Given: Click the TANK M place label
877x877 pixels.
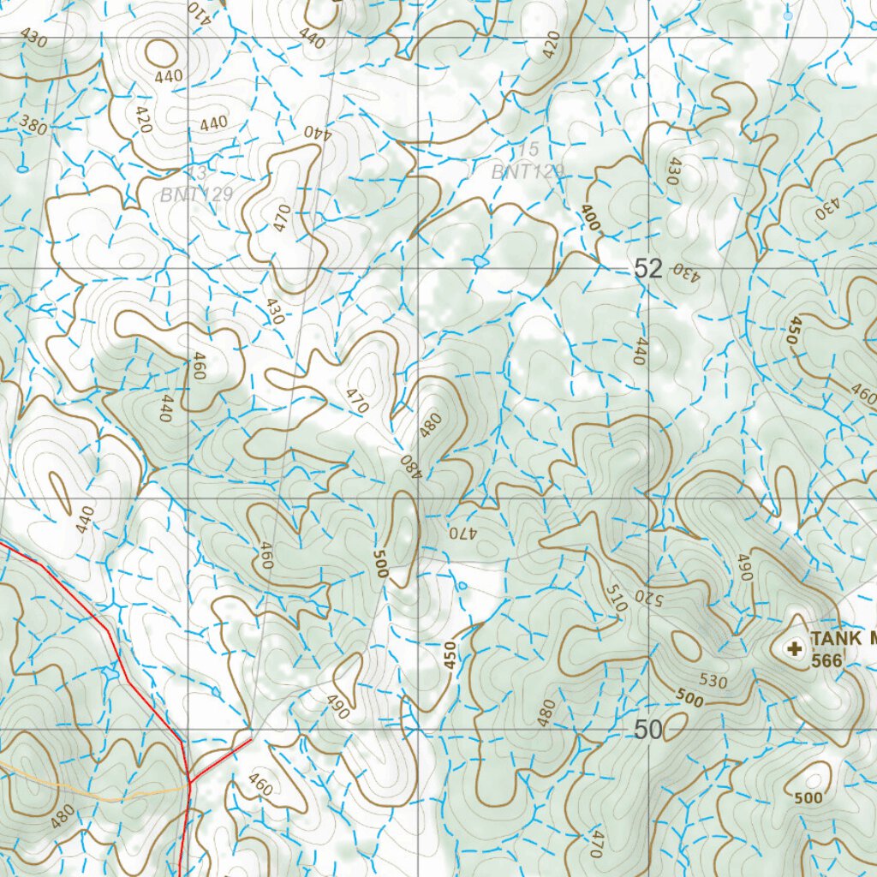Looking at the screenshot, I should coord(844,638).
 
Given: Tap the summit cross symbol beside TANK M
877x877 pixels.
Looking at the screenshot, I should coord(796,649).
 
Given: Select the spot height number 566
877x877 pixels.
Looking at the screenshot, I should coord(826,660).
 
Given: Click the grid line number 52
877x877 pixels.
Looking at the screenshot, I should coord(648,269).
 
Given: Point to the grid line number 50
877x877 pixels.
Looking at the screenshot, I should coord(648,731).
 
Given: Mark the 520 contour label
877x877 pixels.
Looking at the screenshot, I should coord(642,596).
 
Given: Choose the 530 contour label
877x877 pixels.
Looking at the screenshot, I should coord(713,682).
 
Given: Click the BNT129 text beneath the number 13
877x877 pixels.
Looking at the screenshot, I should coord(197,194).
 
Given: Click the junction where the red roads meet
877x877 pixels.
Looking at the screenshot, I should coord(188,779).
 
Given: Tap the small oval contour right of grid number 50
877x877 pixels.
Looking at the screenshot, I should coord(676,726).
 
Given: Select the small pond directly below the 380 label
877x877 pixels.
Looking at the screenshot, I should coord(22,169).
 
